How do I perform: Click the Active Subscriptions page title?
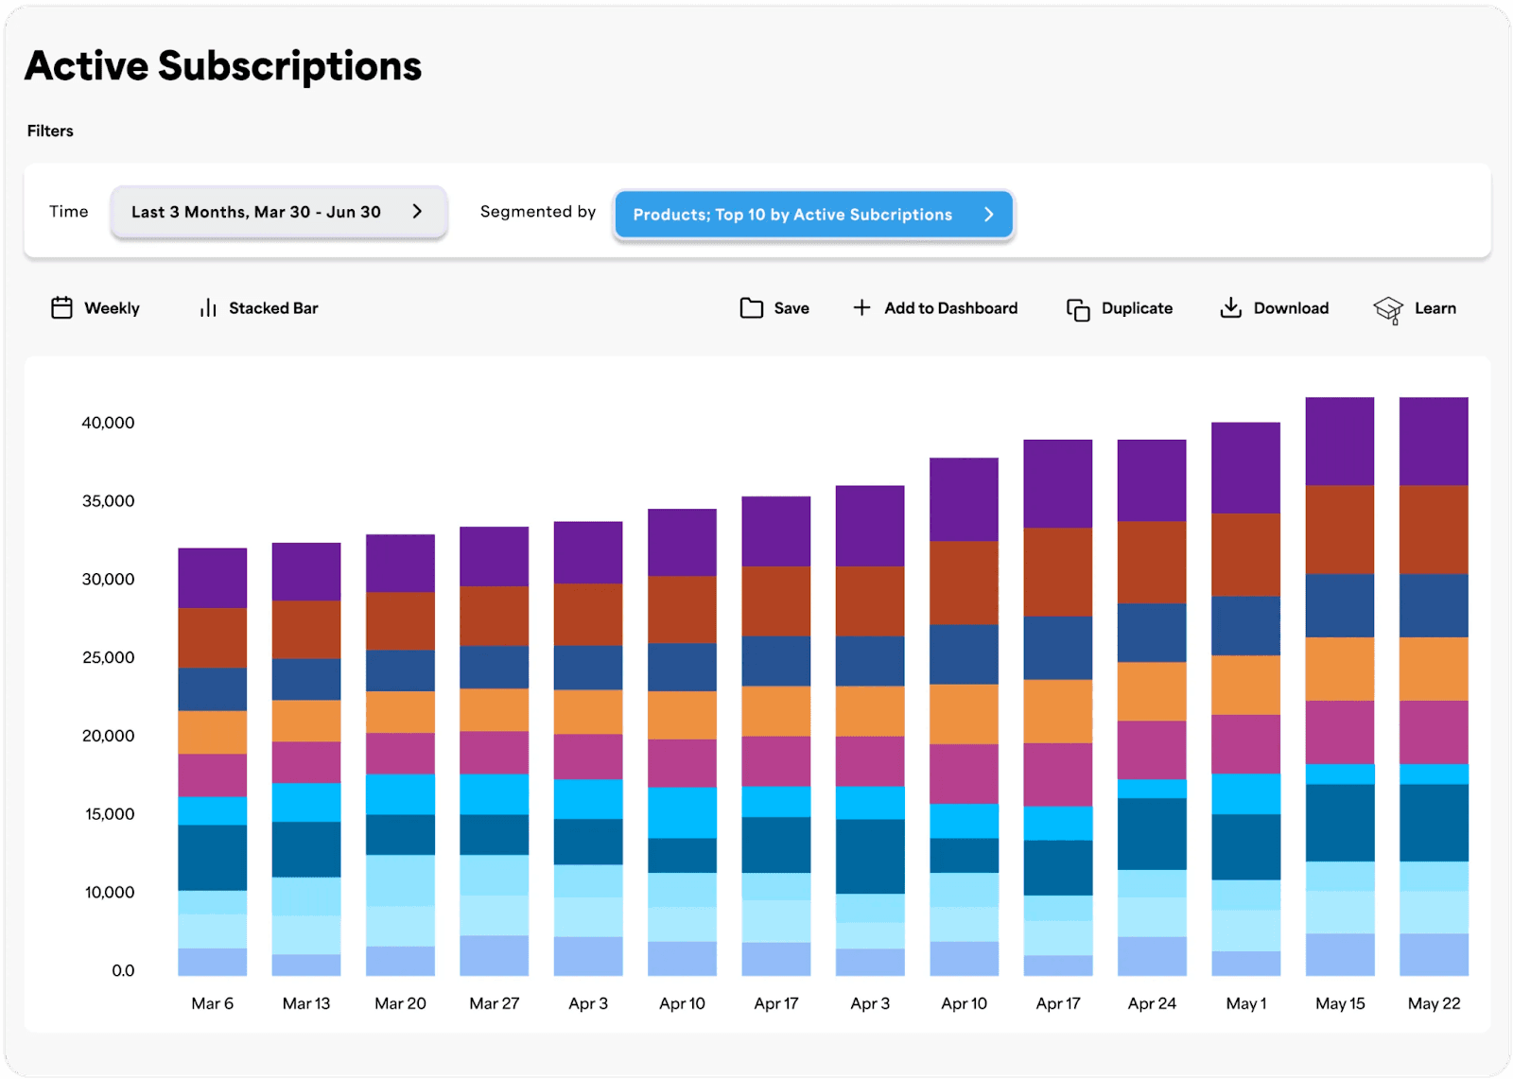click(x=223, y=66)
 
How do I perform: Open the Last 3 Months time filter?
click(x=278, y=212)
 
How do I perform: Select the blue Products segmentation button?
click(x=813, y=215)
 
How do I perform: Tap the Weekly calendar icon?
click(x=61, y=308)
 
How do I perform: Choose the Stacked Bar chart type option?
click(x=259, y=308)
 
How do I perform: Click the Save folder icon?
click(x=752, y=308)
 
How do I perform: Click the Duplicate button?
click(x=1120, y=308)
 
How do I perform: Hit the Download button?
click(x=1274, y=308)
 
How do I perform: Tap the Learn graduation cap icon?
click(x=1388, y=309)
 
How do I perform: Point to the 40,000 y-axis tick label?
click(x=108, y=423)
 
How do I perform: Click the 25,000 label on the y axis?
click(x=108, y=657)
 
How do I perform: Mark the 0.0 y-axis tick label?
click(x=123, y=970)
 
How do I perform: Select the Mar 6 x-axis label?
click(x=212, y=1003)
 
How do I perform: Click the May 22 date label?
click(x=1434, y=1003)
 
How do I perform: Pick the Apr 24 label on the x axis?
click(x=1152, y=1003)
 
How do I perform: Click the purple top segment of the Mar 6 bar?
click(x=212, y=578)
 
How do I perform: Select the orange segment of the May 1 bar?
click(x=1245, y=685)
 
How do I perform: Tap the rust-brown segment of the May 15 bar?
click(x=1339, y=530)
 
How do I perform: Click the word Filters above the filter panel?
click(x=50, y=131)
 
